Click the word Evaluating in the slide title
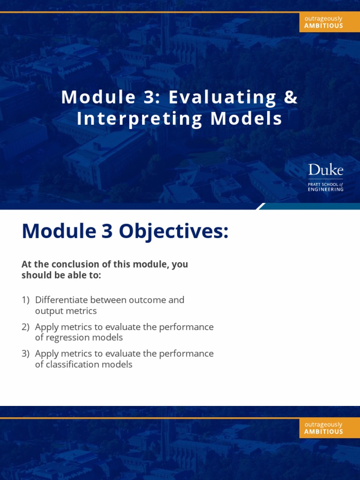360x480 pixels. pos(223,97)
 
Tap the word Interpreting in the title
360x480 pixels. pos(140,119)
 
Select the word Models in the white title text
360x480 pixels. pos(247,119)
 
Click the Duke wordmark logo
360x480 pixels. pos(326,170)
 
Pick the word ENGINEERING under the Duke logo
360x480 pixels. pos(326,189)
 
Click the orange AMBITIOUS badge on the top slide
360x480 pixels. pos(323,22)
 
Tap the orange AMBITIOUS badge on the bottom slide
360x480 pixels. pos(323,428)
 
